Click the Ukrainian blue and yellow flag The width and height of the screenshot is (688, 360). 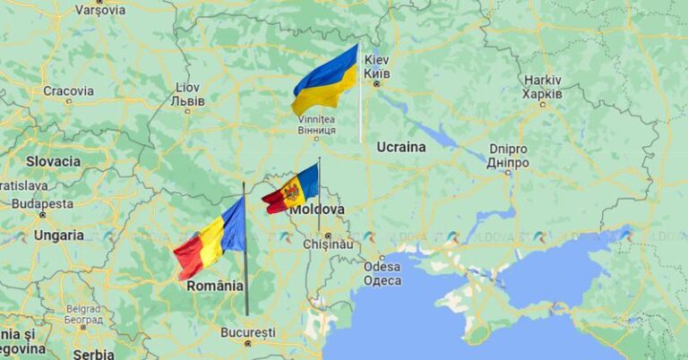(x=324, y=81)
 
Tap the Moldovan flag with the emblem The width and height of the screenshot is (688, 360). (x=291, y=189)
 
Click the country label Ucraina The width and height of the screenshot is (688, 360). (x=400, y=146)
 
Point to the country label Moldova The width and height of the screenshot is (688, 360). (x=316, y=209)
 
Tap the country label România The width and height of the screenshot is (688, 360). (x=214, y=286)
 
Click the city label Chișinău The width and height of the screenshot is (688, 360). (x=327, y=243)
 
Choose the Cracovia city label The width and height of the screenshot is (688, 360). (x=68, y=90)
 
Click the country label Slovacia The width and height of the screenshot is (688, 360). (x=53, y=162)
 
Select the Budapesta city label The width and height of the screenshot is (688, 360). (x=42, y=203)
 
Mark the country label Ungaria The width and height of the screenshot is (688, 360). (x=59, y=236)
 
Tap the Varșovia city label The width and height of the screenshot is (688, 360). (x=99, y=10)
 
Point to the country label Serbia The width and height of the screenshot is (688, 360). (x=93, y=354)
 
